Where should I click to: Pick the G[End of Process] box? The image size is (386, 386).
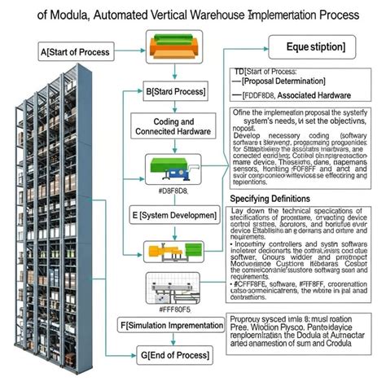170,355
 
